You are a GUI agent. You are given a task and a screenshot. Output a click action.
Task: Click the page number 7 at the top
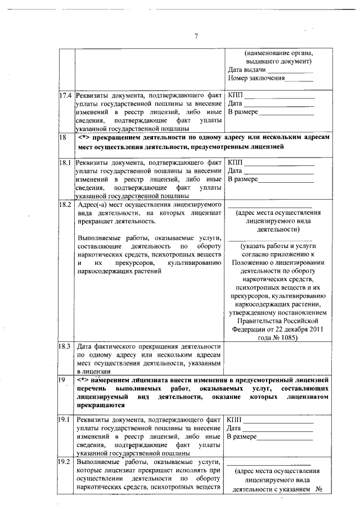[x=196, y=37]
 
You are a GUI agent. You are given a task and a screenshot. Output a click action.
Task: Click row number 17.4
[x=66, y=95]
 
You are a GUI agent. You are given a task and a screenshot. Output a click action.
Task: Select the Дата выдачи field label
[x=247, y=70]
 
